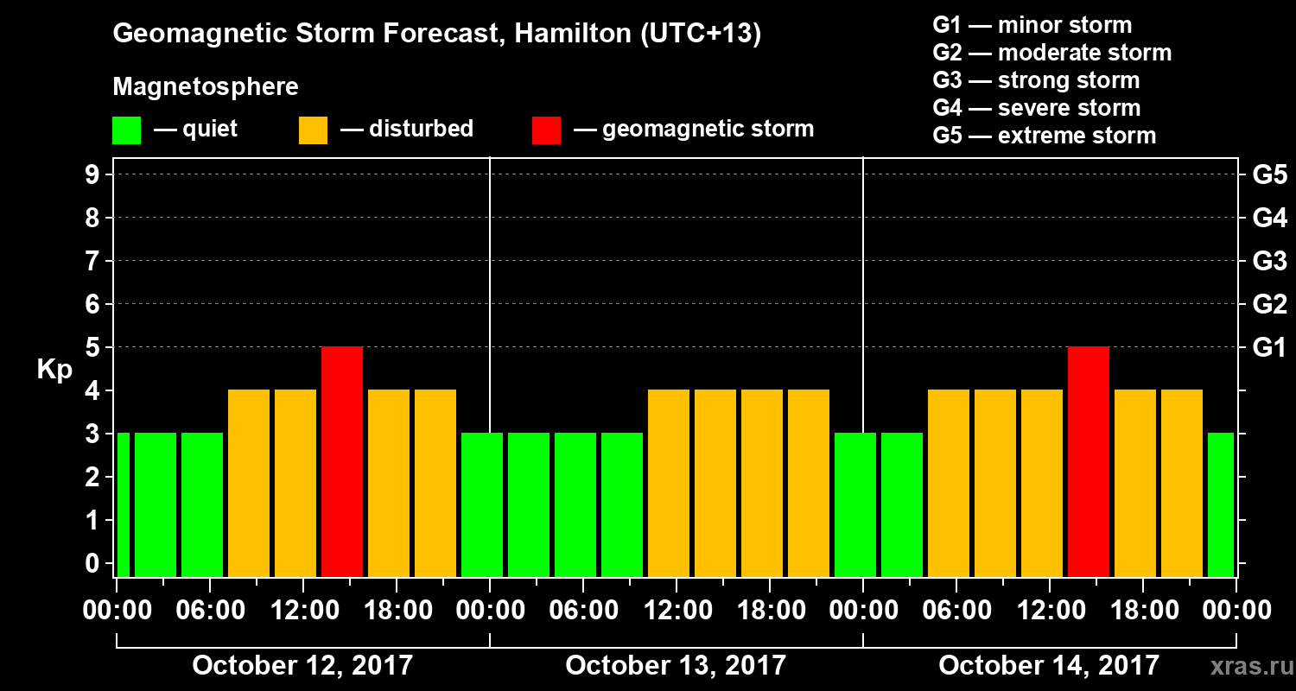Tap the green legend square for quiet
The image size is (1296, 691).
coord(126,130)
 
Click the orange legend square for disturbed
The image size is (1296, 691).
coord(313,130)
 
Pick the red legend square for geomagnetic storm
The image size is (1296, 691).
coord(546,130)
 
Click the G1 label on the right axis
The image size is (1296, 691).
coord(1269,348)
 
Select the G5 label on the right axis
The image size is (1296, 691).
coord(1269,175)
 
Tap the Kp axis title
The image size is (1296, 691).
coord(54,370)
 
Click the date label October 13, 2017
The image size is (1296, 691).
coord(676,666)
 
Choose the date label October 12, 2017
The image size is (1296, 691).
coord(302,666)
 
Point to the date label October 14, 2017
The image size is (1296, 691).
coord(1049,666)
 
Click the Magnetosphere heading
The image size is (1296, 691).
coord(206,87)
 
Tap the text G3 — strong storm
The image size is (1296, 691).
coord(1036,80)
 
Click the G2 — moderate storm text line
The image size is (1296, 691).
coord(1052,53)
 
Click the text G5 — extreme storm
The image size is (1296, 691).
coord(1044,136)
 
